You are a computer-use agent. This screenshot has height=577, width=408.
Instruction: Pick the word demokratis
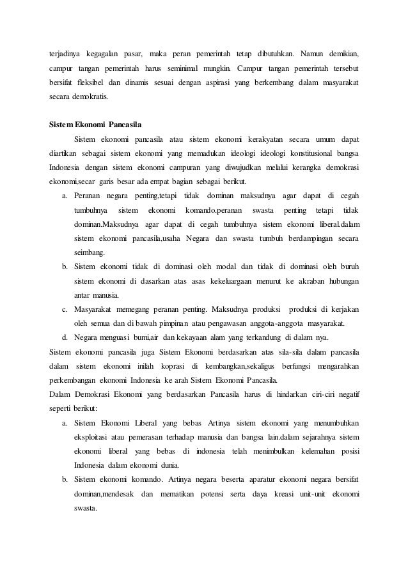90,100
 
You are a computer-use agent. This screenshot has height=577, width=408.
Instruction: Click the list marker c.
65,309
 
